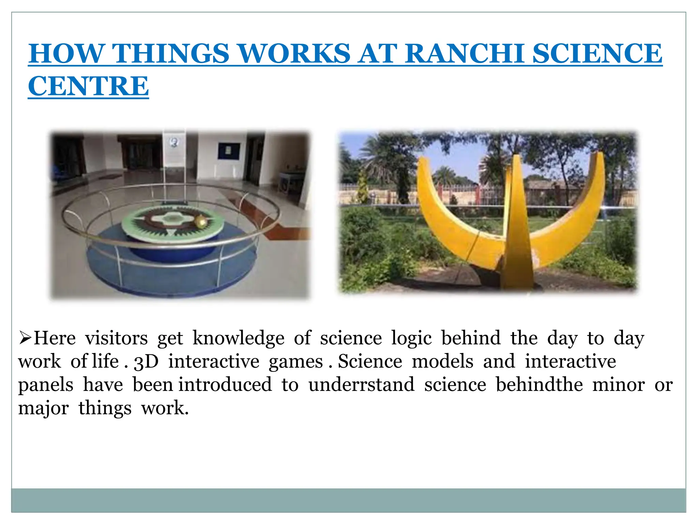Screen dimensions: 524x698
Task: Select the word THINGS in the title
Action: click(170, 54)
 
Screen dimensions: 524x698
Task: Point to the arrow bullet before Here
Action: click(25, 338)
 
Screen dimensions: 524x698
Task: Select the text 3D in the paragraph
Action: click(146, 362)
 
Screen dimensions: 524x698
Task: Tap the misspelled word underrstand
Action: click(361, 385)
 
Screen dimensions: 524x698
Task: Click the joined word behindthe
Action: click(539, 385)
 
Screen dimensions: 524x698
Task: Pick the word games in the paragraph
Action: click(295, 362)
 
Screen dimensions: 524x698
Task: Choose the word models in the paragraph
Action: click(442, 362)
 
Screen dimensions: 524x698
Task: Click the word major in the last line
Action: click(43, 408)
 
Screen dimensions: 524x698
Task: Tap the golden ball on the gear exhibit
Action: click(201, 221)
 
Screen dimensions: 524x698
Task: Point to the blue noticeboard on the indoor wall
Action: click(229, 151)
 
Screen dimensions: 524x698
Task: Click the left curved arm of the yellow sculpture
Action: click(443, 218)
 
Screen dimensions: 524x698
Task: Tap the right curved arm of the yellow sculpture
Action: click(579, 218)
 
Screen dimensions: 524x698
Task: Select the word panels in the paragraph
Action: click(46, 385)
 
